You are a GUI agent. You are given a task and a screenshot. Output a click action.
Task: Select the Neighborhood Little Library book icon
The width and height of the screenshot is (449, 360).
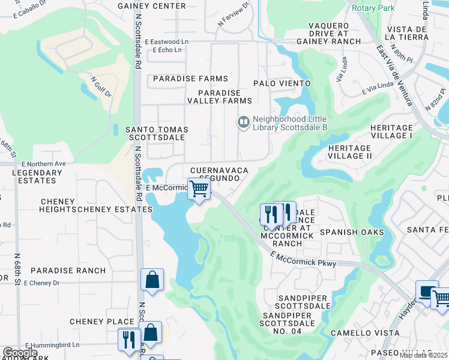pos(243,122)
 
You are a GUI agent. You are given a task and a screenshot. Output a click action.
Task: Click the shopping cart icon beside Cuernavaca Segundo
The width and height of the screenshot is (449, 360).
pos(199,189)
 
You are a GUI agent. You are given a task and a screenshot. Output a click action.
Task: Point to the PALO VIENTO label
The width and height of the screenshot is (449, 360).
pos(282,83)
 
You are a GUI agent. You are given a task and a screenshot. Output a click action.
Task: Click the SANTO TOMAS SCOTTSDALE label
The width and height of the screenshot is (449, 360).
pos(156,133)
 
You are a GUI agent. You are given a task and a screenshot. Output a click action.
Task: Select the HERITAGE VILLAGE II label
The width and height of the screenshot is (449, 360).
pos(350,152)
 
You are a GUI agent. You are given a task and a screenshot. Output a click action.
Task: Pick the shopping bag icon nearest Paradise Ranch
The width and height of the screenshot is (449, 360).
pos(152,279)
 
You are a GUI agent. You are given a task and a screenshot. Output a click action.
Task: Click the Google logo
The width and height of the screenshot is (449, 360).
pos(20,353)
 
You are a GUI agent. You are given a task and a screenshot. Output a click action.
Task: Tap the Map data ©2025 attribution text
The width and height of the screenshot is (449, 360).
pos(424,355)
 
